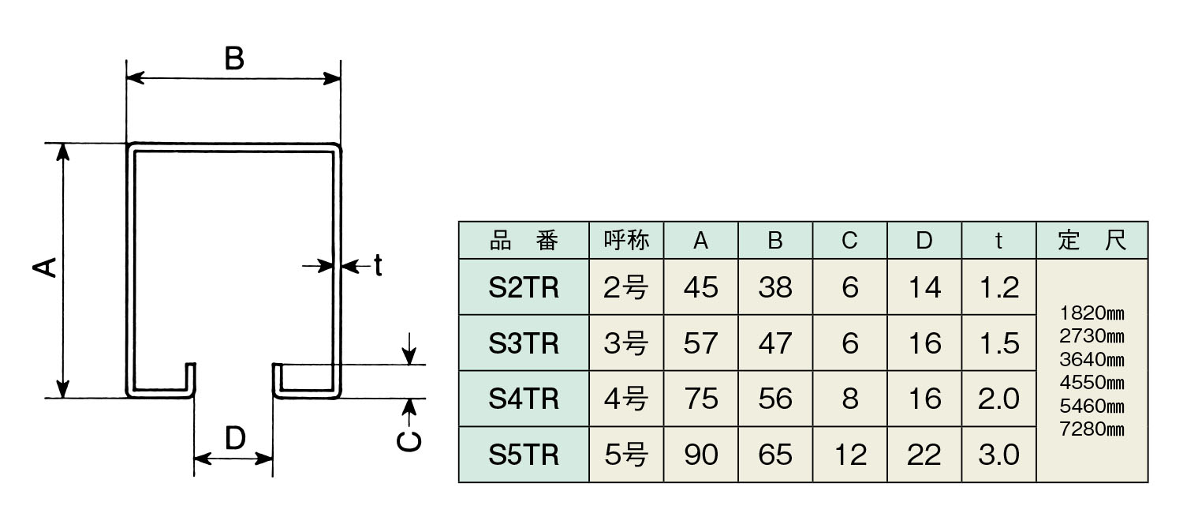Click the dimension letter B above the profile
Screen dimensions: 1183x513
[x=234, y=58]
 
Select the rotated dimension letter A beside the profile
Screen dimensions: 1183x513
[x=45, y=268]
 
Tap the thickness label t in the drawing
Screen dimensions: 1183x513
[x=378, y=264]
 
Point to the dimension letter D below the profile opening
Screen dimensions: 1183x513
[x=235, y=437]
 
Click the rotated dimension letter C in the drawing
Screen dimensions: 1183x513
[x=409, y=442]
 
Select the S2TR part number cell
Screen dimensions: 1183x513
[x=524, y=288]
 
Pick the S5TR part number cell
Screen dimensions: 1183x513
[x=524, y=455]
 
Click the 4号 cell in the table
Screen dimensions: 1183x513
[x=626, y=399]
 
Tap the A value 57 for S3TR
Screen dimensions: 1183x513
[x=700, y=343]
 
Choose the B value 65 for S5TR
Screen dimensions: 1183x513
[x=775, y=455]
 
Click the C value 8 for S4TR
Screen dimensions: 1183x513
[x=849, y=399]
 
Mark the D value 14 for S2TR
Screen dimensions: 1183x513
[x=924, y=288]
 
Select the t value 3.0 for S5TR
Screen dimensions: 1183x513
[x=998, y=455]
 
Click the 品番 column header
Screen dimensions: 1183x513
[x=524, y=241]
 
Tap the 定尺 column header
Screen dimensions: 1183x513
[x=1092, y=241]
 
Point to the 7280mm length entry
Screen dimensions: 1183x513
[x=1092, y=429]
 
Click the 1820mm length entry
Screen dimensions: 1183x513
[x=1092, y=313]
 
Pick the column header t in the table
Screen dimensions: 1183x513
[x=998, y=241]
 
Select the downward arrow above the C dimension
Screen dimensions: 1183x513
[x=409, y=349]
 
